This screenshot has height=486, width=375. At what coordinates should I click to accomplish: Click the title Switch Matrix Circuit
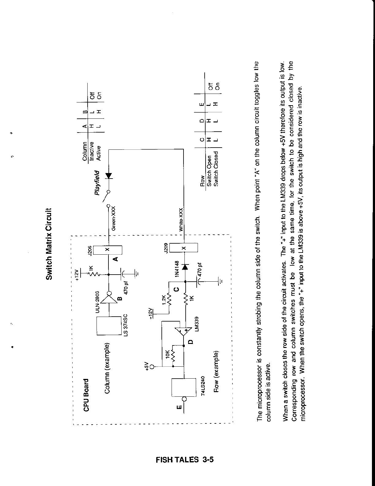[49, 244]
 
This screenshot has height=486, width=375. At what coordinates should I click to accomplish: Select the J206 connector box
[108, 250]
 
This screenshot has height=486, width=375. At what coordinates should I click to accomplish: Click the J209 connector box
[184, 248]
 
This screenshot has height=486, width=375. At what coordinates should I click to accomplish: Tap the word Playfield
[97, 183]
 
